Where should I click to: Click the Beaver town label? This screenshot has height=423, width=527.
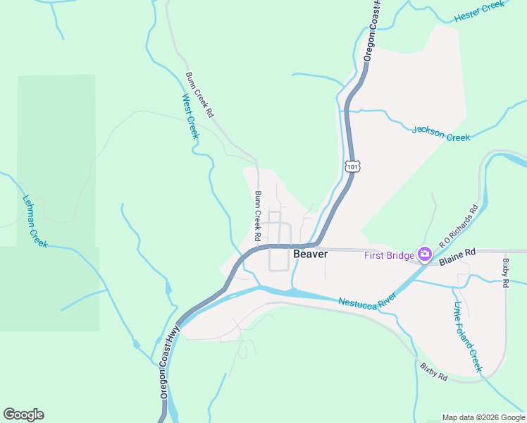click(310, 254)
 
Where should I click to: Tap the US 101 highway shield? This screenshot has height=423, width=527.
click(353, 166)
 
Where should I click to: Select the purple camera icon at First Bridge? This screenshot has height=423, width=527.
click(424, 255)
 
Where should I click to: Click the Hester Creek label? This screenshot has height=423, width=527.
click(480, 11)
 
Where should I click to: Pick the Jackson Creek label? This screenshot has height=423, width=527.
click(441, 133)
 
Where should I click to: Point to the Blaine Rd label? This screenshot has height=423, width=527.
click(458, 260)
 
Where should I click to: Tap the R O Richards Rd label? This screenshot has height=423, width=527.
click(459, 226)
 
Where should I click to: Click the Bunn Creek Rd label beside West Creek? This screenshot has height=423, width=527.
click(199, 94)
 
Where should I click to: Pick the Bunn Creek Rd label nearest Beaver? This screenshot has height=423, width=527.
click(258, 216)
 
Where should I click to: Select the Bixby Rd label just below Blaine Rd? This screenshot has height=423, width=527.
click(506, 273)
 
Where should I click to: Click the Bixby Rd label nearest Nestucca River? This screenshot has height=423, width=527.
click(433, 372)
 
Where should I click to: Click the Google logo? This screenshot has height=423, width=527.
click(23, 415)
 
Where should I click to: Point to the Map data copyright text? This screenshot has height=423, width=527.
click(483, 417)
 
